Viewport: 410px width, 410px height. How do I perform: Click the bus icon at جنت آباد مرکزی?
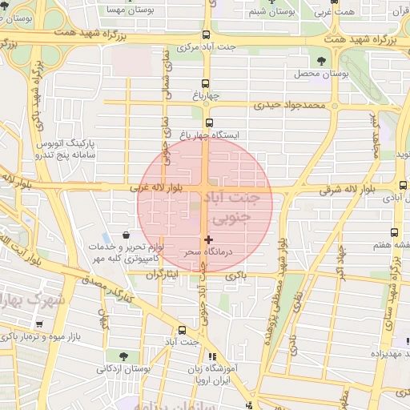207,34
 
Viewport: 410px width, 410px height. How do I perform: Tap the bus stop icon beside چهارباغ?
206,83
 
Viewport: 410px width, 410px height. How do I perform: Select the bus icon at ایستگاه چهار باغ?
209,123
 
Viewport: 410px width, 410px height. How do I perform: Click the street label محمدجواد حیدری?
290,105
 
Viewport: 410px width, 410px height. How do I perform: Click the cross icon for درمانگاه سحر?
208,239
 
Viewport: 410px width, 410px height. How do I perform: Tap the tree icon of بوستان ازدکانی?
123,355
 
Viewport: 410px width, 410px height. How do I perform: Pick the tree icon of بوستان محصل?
321,60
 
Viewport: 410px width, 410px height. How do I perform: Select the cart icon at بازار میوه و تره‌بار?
39,324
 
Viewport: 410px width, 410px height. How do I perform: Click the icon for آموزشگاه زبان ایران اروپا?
211,357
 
